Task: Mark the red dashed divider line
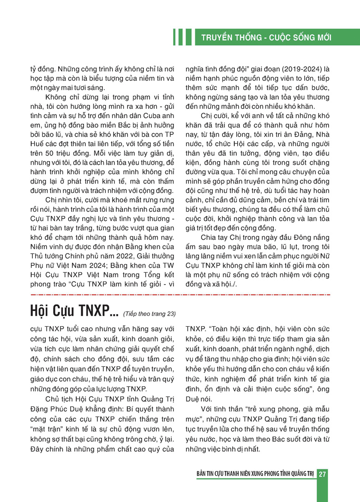tap(180, 294)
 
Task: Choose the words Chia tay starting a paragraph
tap(213, 238)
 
